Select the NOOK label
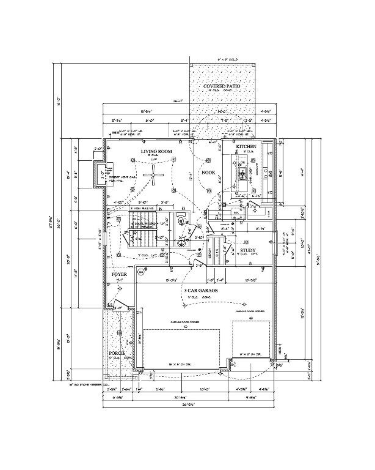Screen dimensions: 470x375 point(209,173)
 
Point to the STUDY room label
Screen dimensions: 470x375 point(247,250)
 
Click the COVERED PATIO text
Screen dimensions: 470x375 point(222,88)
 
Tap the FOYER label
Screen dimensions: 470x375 point(118,276)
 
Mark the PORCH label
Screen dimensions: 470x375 point(117,354)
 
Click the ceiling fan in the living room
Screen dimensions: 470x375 point(157,176)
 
